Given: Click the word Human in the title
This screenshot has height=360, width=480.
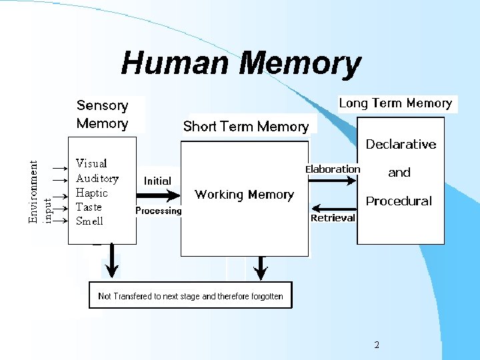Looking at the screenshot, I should click(x=177, y=64).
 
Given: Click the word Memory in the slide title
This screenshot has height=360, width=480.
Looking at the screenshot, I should click(x=300, y=64).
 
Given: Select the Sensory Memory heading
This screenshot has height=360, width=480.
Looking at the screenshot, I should click(x=102, y=114).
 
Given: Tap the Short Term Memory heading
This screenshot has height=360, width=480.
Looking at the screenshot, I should click(x=246, y=127).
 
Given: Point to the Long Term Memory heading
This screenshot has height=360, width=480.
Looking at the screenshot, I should click(x=395, y=103).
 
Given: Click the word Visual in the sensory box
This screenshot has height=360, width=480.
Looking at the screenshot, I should click(x=91, y=163).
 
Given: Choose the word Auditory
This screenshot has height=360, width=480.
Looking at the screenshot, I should click(x=97, y=178).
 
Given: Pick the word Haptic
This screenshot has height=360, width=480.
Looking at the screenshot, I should click(x=92, y=193).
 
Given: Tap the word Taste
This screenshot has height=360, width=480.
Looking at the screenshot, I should click(x=89, y=207).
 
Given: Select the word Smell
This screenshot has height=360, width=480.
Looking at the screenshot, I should click(x=89, y=221).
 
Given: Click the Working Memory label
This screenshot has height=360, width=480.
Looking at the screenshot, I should click(x=244, y=195).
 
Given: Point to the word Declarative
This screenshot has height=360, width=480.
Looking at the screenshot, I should click(x=401, y=145).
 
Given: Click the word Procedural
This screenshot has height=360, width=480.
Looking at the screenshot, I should click(x=399, y=201).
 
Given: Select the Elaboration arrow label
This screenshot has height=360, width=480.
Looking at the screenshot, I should click(x=333, y=169).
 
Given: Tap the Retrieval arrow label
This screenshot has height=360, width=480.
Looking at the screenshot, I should click(x=333, y=218).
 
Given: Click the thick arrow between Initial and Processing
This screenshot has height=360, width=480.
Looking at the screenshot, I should click(x=158, y=195).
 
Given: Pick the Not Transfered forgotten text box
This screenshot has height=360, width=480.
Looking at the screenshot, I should click(x=191, y=296).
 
